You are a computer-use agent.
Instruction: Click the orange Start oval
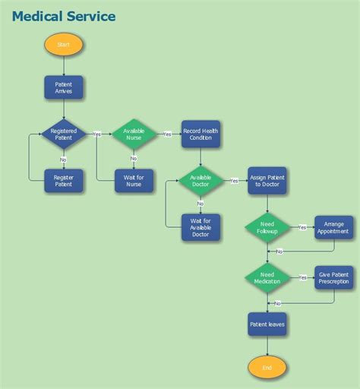[x=64, y=45]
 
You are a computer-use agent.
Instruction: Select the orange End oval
[x=267, y=367]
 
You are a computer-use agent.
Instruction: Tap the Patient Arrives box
[x=64, y=87]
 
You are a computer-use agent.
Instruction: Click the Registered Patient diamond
[x=64, y=134]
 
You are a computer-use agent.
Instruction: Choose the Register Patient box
[x=64, y=180]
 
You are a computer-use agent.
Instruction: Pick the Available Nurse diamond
[x=134, y=134]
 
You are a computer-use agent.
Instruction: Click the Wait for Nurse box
[x=134, y=180]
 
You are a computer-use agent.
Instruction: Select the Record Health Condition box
[x=201, y=134]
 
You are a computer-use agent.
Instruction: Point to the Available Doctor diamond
[x=201, y=180]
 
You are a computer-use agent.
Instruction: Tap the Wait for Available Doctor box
[x=201, y=226]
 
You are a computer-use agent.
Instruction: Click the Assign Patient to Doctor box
[x=267, y=180]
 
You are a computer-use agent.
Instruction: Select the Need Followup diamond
[x=267, y=227]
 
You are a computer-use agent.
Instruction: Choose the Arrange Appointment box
[x=334, y=227]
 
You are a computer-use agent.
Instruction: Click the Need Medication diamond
[x=267, y=278]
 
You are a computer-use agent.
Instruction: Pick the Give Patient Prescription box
[x=334, y=278]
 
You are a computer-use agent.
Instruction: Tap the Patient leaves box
[x=267, y=324]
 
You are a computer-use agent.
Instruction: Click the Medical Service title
[x=64, y=16]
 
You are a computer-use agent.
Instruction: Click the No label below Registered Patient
[x=63, y=160]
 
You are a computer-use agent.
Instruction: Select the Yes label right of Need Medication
[x=302, y=277]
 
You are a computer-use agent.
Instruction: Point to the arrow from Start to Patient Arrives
[x=64, y=66]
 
